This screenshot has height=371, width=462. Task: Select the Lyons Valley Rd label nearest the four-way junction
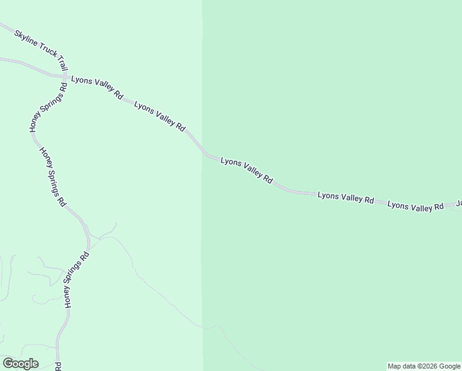97,87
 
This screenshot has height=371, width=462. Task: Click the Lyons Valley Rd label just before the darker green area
159,116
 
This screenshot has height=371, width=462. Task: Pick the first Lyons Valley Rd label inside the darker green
246,169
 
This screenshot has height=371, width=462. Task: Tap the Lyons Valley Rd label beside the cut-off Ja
416,207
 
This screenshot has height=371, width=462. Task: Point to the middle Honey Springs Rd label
52,176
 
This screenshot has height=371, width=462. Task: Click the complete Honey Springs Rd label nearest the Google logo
77,279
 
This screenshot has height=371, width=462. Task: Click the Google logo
20,364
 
